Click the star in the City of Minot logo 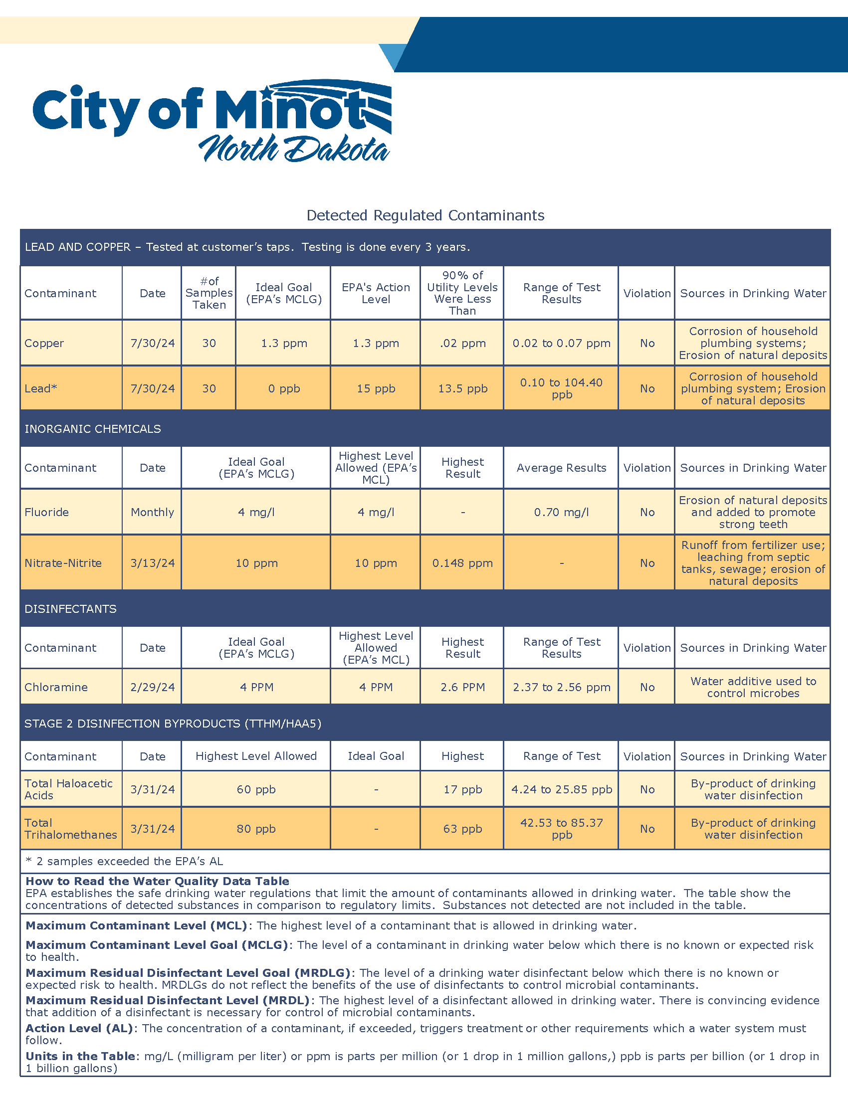[x=267, y=92]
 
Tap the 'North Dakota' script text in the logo [x=294, y=149]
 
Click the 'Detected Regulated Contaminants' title [x=425, y=215]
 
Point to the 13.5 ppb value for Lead [x=462, y=388]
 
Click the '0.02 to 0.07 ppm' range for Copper [x=561, y=343]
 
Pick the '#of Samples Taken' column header [x=209, y=293]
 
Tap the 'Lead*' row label [x=41, y=388]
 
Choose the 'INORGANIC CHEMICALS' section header [x=93, y=428]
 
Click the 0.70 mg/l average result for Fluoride [x=561, y=512]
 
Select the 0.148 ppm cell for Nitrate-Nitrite [x=462, y=563]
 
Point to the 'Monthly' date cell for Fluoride [x=152, y=512]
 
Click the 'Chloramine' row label [x=56, y=687]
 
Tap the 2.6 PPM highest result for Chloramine [x=462, y=687]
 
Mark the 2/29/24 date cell [x=152, y=687]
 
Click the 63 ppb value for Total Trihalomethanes [x=462, y=829]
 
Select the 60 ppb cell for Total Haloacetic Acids [x=256, y=789]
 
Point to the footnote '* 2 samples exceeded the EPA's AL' [x=124, y=861]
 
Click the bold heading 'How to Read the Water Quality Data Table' [x=157, y=881]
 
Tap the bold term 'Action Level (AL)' [x=79, y=1028]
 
